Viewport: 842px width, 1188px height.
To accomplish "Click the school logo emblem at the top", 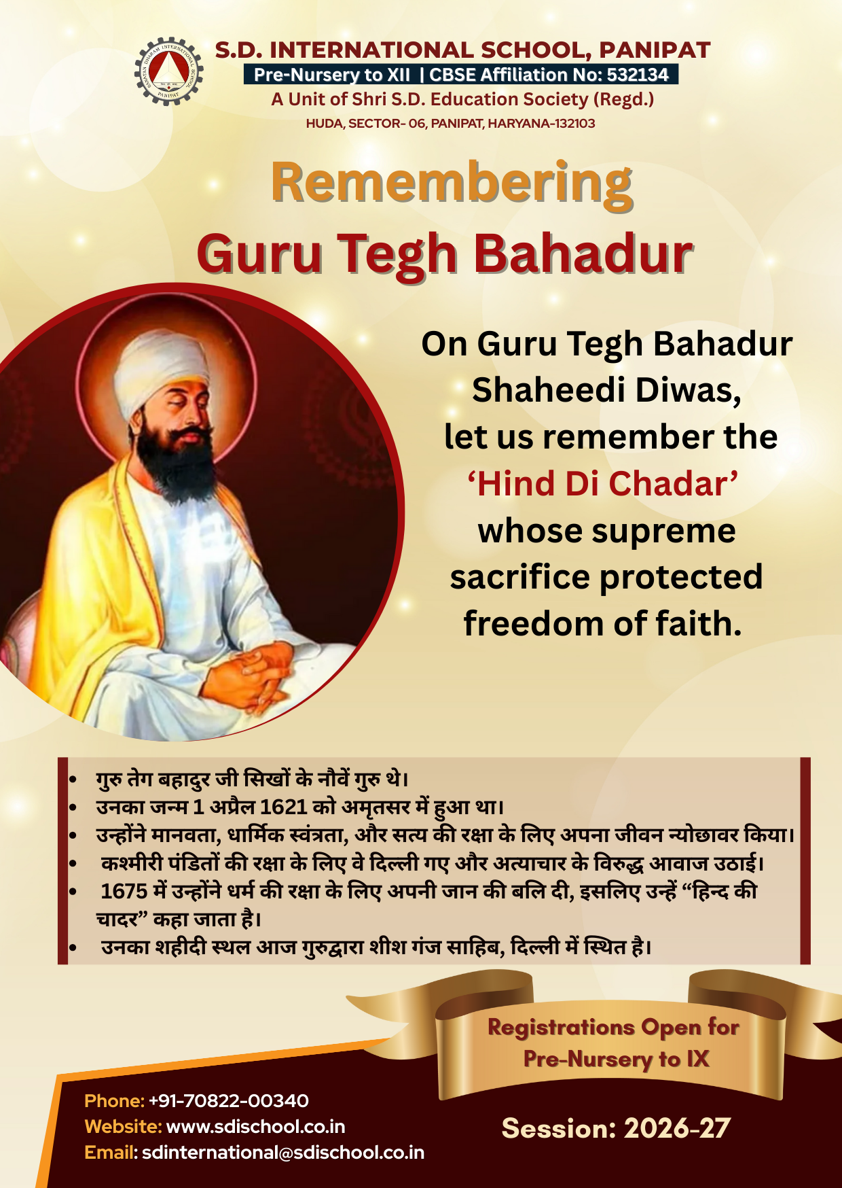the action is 168,71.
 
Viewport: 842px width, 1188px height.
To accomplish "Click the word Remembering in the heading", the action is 452,184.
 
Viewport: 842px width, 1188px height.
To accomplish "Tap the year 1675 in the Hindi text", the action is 124,891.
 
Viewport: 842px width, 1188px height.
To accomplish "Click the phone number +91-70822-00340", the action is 228,1101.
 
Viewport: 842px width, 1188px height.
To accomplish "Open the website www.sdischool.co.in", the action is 255,1127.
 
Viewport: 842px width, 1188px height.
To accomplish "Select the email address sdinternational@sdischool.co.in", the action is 283,1153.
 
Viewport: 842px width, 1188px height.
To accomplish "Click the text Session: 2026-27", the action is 616,1128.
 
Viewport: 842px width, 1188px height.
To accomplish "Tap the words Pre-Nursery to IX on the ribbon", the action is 616,1059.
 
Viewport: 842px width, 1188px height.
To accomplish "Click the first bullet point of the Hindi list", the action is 72,780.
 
